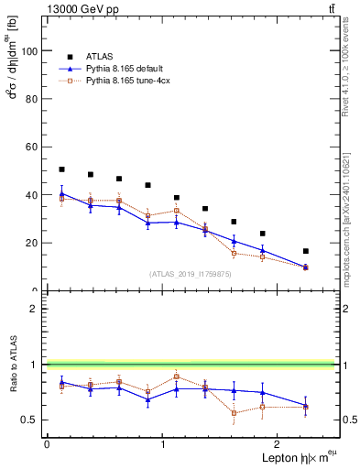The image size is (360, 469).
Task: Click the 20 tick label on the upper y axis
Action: point(34,243)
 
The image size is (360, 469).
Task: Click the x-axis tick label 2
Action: point(280,444)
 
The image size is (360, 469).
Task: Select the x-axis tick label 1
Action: point(163,444)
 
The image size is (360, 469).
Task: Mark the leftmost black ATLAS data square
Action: point(61,169)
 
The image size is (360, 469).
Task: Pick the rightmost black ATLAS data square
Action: point(305,251)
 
